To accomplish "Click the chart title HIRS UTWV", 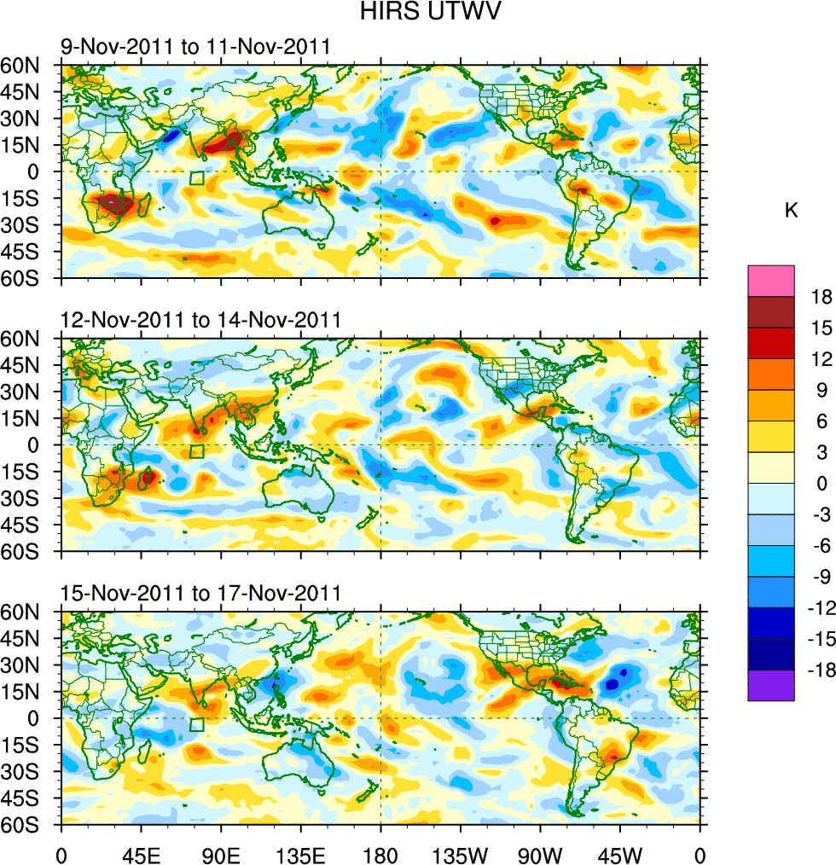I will tap(418, 14).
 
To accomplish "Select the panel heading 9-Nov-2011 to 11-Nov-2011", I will tap(194, 46).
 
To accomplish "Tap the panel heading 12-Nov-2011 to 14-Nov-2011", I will tap(200, 320).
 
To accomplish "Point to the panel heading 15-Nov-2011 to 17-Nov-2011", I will tap(200, 593).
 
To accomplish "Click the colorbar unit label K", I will tap(792, 211).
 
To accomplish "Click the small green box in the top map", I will tap(197, 178).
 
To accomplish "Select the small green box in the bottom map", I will tap(197, 725).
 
